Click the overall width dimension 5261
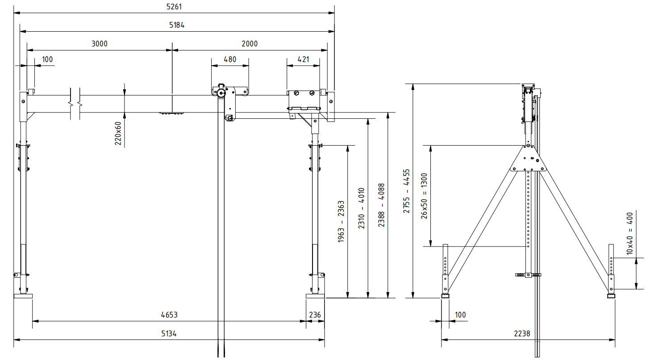pyautogui.click(x=174, y=7)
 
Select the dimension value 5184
pyautogui.click(x=177, y=25)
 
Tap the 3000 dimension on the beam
pyautogui.click(x=100, y=44)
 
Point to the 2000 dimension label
pyautogui.click(x=250, y=44)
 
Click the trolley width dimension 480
pyautogui.click(x=230, y=59)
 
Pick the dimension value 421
pyautogui.click(x=303, y=59)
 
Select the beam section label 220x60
pyautogui.click(x=118, y=133)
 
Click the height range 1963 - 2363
pyautogui.click(x=341, y=222)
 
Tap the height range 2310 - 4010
pyautogui.click(x=361, y=208)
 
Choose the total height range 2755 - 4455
pyautogui.click(x=407, y=191)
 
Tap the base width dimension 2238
pyautogui.click(x=521, y=333)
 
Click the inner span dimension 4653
pyautogui.click(x=169, y=315)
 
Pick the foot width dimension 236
pyautogui.click(x=315, y=315)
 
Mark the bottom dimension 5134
pyautogui.click(x=169, y=334)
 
